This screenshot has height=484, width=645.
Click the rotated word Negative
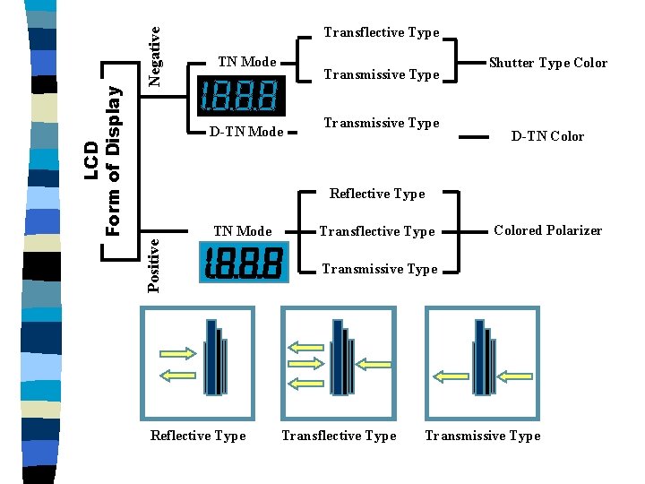(154, 56)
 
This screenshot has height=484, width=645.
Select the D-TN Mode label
(246, 132)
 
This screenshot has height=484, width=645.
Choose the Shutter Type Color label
(547, 63)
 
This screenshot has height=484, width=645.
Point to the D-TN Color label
(547, 136)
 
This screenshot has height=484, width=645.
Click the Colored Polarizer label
(547, 230)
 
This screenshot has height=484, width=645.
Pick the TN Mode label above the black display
(247, 62)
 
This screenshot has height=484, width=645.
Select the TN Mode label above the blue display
(243, 231)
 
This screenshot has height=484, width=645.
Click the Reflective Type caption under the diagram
(198, 436)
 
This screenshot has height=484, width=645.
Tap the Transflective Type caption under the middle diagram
(339, 436)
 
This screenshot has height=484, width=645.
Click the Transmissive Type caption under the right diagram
(483, 436)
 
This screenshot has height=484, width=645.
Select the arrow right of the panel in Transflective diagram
(374, 364)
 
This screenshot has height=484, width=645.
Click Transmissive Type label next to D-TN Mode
(382, 123)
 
